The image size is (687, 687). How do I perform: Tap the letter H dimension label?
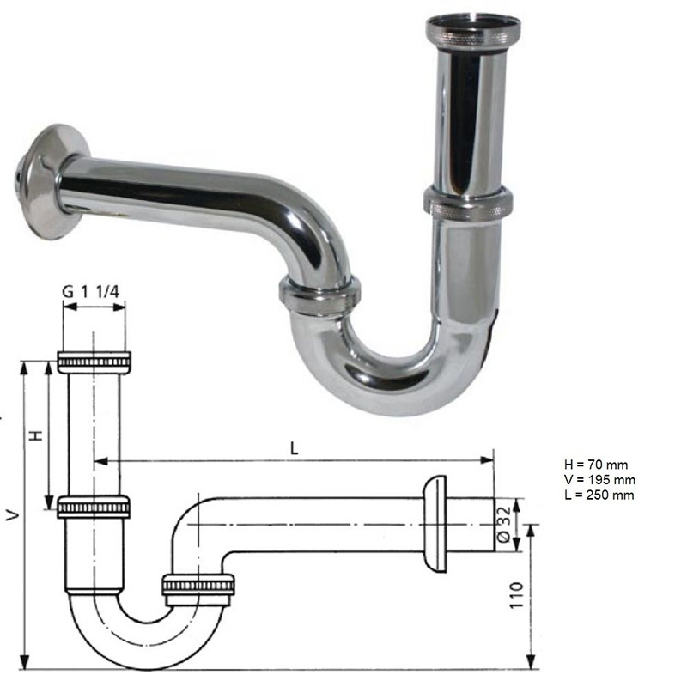point(36,435)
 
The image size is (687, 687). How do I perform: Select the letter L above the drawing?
point(295,447)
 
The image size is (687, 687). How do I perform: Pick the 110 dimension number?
point(515,595)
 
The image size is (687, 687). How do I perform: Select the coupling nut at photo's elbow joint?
point(319,292)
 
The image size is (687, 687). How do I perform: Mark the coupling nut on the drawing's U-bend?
point(198,586)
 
